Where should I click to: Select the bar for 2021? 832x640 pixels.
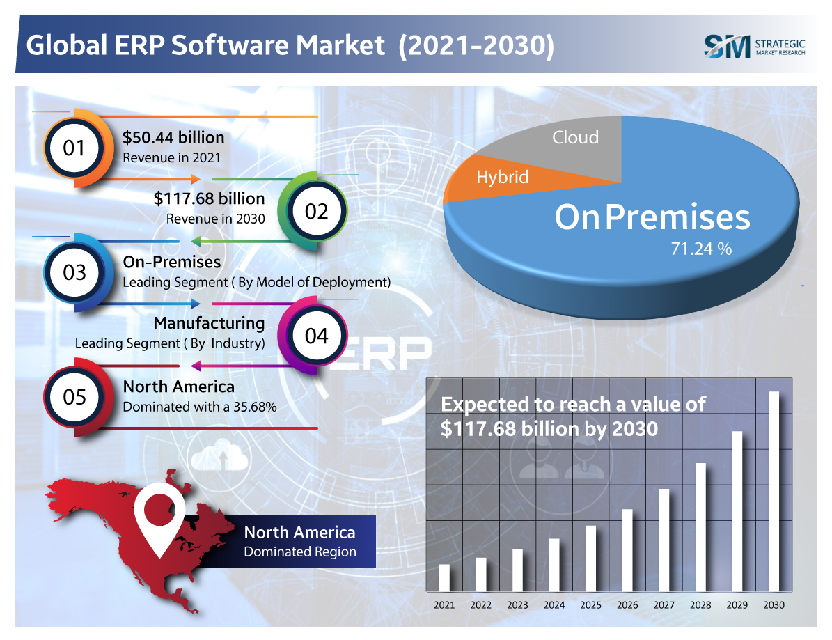(444, 577)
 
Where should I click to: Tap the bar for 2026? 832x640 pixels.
(627, 550)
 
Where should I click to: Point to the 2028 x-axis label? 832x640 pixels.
(700, 605)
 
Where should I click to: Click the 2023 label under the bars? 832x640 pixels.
(517, 605)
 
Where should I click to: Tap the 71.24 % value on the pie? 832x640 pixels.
(701, 249)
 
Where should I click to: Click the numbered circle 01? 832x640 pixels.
(74, 148)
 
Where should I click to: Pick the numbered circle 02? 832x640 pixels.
(316, 211)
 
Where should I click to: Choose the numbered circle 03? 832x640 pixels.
(74, 272)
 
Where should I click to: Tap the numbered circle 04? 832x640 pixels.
(316, 336)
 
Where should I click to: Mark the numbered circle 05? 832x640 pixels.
(74, 397)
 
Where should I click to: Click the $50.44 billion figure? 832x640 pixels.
(173, 137)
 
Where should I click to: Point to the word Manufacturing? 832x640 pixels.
(209, 323)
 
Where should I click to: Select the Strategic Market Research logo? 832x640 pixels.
(755, 46)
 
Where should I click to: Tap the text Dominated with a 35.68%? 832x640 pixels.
(200, 406)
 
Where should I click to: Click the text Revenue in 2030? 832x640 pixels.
(216, 219)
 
